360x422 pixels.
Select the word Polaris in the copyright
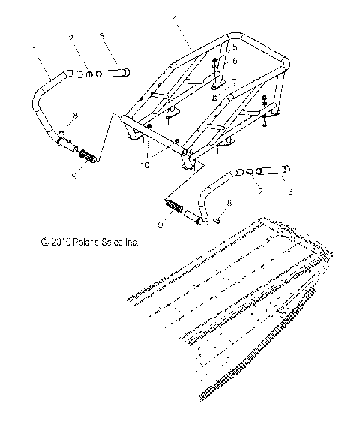[84, 243]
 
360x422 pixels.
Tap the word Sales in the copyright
[112, 243]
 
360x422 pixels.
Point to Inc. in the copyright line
[131, 243]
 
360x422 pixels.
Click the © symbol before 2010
[45, 243]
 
